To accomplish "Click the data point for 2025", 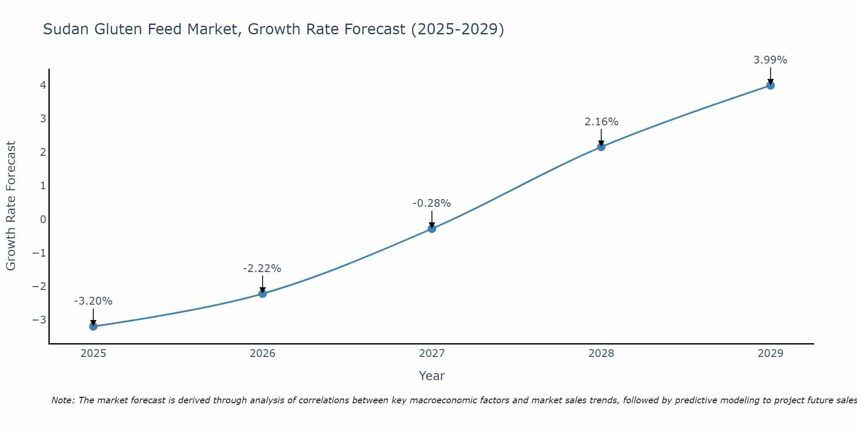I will point(93,326).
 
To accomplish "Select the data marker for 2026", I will point(263,293).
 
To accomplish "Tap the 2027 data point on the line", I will point(432,229).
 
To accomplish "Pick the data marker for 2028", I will point(601,147).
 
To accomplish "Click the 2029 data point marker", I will point(770,85).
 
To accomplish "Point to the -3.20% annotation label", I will point(93,301).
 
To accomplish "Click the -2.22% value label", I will point(262,269).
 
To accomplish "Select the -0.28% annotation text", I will point(431,203).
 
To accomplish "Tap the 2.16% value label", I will point(601,122).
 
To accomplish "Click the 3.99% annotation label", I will point(770,60).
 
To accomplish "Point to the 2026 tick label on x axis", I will point(263,353).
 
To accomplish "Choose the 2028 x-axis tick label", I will point(601,353).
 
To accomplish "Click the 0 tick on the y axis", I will point(43,220).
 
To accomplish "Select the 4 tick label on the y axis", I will point(43,85).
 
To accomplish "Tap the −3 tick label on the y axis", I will point(39,320).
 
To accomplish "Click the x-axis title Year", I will point(431,376).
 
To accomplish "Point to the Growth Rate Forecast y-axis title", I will point(11,206).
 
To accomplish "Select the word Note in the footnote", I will point(63,400).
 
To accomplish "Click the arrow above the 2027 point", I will point(432,218).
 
